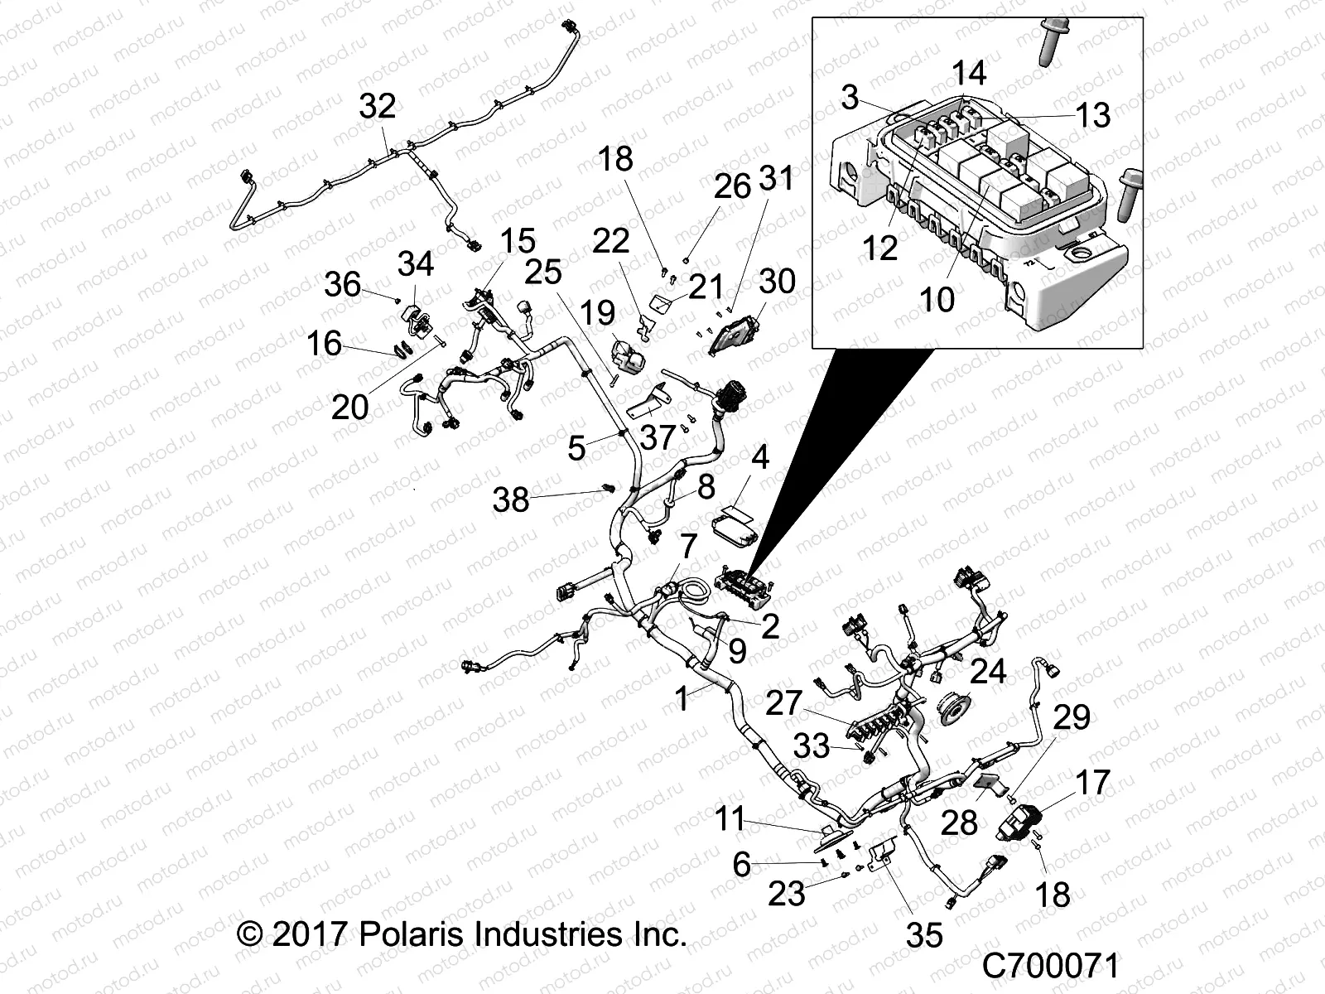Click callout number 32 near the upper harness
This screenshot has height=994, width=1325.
[377, 107]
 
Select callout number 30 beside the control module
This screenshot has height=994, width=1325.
[776, 281]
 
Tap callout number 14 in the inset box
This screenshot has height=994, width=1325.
[969, 73]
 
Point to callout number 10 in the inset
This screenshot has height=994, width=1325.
[937, 299]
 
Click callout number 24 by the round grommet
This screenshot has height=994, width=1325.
[987, 670]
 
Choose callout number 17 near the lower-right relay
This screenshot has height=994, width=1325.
[1091, 782]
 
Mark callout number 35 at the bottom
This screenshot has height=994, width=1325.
[924, 935]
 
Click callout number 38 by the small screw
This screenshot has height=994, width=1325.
[511, 499]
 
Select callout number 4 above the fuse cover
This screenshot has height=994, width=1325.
[759, 458]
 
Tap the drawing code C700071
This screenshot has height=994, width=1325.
[1051, 966]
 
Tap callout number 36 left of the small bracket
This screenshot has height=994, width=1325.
[342, 285]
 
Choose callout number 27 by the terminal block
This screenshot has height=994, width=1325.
[783, 703]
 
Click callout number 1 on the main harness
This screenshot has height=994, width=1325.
[682, 699]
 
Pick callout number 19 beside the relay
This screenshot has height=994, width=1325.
[597, 313]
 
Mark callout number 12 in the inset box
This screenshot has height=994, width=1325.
[879, 247]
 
